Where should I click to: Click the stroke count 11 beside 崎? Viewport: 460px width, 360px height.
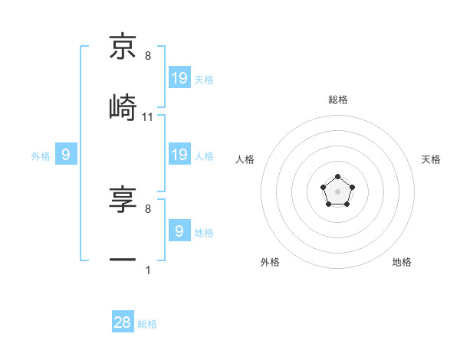click(148, 116)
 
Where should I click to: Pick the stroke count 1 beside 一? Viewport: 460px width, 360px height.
click(148, 270)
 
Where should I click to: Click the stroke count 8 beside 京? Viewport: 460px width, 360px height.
click(148, 56)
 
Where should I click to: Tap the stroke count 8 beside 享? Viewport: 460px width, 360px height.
click(148, 208)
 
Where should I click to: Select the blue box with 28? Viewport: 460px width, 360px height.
click(123, 322)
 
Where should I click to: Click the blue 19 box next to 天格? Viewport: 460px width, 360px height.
click(179, 77)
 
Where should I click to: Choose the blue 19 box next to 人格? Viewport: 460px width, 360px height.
click(179, 155)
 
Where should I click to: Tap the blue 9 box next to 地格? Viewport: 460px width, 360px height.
click(179, 231)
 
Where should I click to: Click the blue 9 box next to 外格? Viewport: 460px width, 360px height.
click(66, 155)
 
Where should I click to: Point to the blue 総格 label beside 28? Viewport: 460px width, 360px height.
click(147, 324)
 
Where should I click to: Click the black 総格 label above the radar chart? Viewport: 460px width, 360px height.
click(338, 100)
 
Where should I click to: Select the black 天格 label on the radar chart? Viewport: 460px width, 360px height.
click(432, 159)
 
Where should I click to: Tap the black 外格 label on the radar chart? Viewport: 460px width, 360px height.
click(270, 262)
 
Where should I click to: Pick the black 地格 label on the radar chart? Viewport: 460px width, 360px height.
click(402, 262)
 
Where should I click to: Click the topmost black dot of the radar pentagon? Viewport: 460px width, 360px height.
click(337, 178)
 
